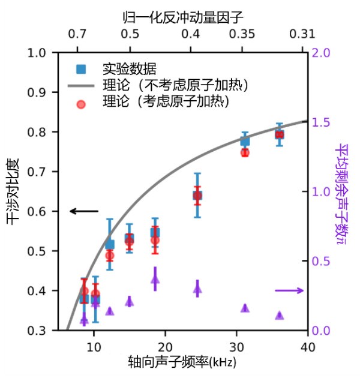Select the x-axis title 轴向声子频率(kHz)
pyautogui.click(x=183, y=363)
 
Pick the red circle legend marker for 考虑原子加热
pyautogui.click(x=81, y=103)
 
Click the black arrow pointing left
pyautogui.click(x=84, y=211)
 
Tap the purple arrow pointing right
pyautogui.click(x=289, y=290)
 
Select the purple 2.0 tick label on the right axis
pyautogui.click(x=321, y=53)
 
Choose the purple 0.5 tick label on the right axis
pyautogui.click(x=321, y=261)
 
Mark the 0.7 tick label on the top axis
pyautogui.click(x=77, y=35)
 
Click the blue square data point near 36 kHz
pyautogui.click(x=279, y=134)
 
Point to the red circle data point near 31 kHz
pyautogui.click(x=245, y=152)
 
